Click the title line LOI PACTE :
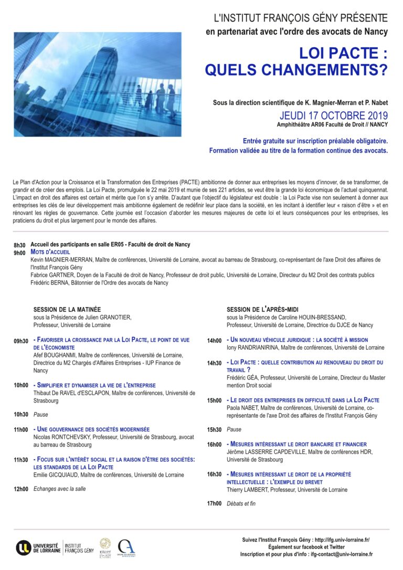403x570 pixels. click(343, 54)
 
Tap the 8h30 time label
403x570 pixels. click(19, 245)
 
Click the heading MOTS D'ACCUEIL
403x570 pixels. click(50, 252)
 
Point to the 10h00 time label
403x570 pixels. click(21, 385)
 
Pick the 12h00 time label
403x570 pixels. click(21, 489)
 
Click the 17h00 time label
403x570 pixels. click(214, 504)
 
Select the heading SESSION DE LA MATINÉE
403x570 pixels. click(67, 310)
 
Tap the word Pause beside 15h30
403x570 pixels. click(234, 429)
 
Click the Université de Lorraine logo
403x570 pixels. click(38, 547)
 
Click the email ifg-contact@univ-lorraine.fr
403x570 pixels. click(342, 554)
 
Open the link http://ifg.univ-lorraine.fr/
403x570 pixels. click(344, 540)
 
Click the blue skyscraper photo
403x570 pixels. click(98, 85)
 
